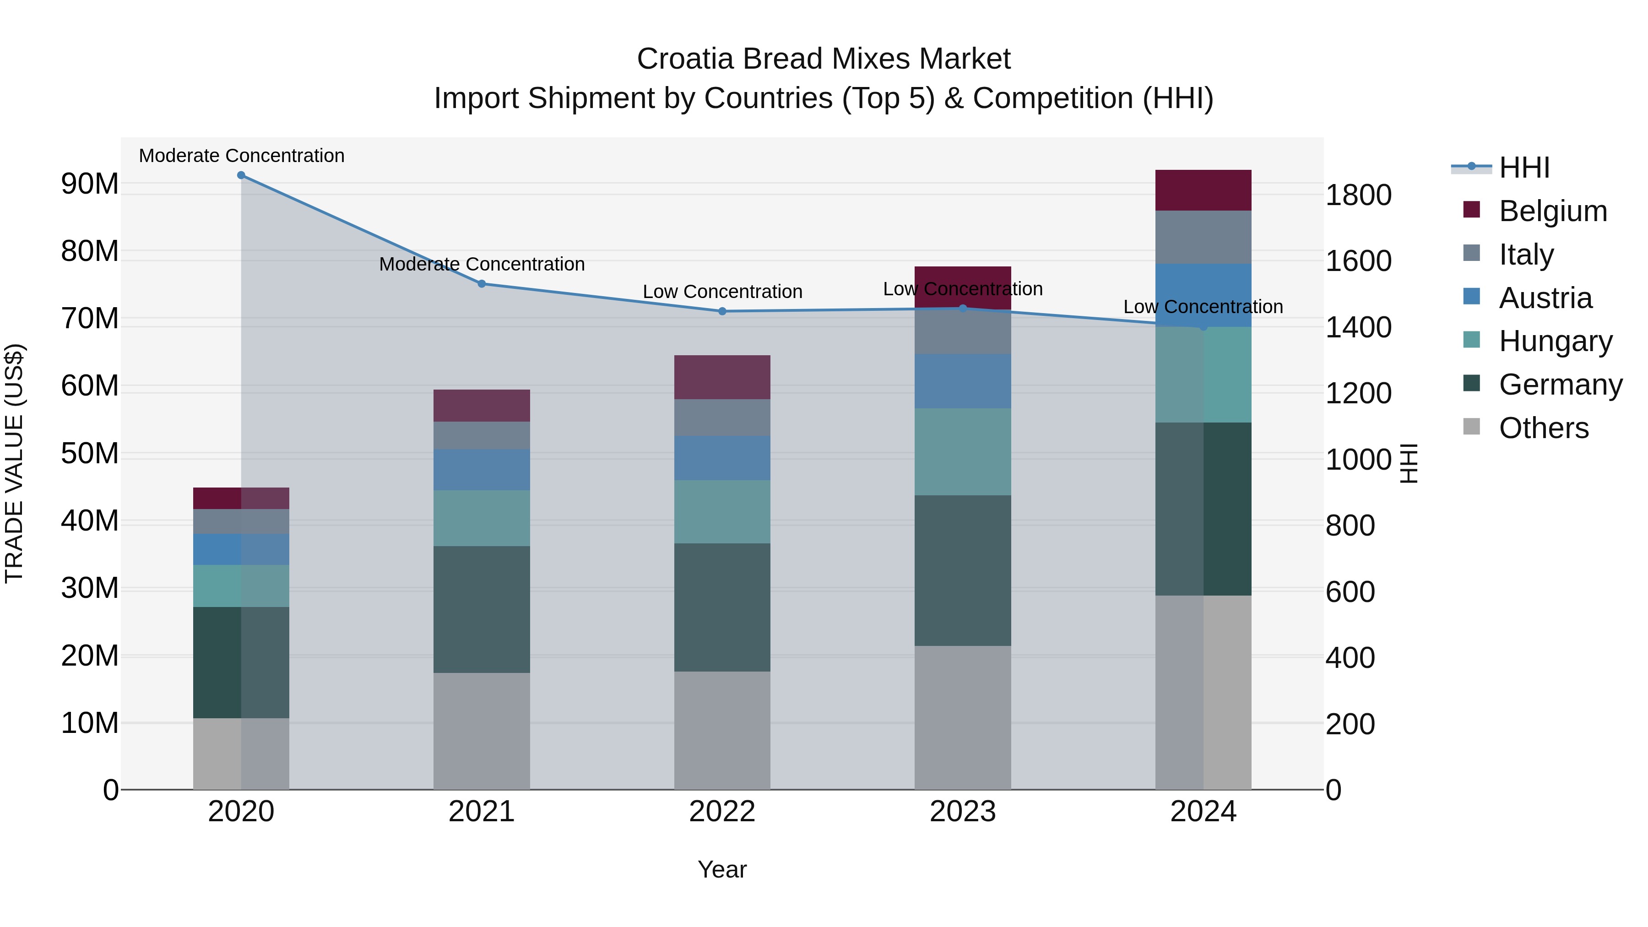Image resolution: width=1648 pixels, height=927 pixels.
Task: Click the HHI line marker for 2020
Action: click(x=241, y=175)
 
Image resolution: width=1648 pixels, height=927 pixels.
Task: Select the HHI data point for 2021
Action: click(x=482, y=284)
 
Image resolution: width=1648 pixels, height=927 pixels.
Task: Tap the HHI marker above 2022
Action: click(x=722, y=312)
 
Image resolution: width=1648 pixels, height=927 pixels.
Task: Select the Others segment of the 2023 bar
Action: click(x=962, y=717)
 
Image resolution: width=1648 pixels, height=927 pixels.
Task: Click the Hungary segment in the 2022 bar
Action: click(x=722, y=512)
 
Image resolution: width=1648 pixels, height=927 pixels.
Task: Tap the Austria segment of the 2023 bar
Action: click(x=962, y=381)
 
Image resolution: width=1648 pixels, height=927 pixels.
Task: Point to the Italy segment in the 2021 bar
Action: click(x=482, y=436)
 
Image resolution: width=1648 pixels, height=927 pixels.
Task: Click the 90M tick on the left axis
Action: click(x=90, y=184)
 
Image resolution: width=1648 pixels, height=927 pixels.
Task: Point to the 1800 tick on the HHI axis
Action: click(x=1358, y=195)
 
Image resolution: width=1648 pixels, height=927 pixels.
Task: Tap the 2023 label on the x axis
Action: click(x=962, y=812)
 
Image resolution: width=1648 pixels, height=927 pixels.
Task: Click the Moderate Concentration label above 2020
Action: click(x=241, y=156)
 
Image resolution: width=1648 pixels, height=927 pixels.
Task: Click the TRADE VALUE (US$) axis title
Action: click(x=14, y=463)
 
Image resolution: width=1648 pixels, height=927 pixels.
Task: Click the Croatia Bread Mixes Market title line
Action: click(x=824, y=59)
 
